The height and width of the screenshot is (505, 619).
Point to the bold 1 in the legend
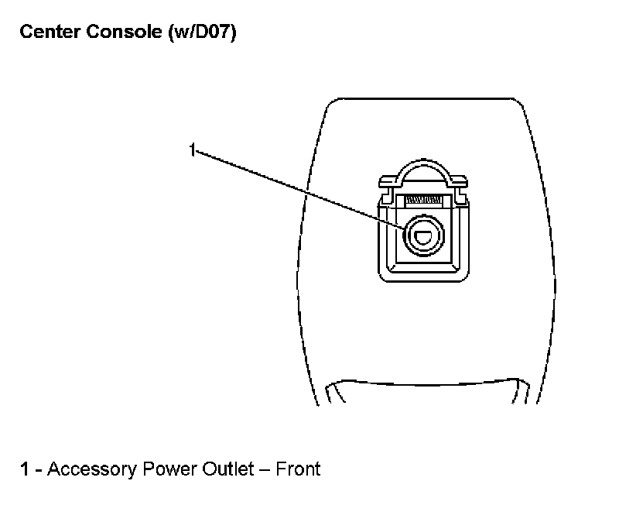click(x=25, y=469)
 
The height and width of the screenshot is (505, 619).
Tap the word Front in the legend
click(x=298, y=469)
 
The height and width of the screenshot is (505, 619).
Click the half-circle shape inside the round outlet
click(x=422, y=238)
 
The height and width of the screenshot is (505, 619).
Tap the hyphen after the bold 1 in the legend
click(x=39, y=469)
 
